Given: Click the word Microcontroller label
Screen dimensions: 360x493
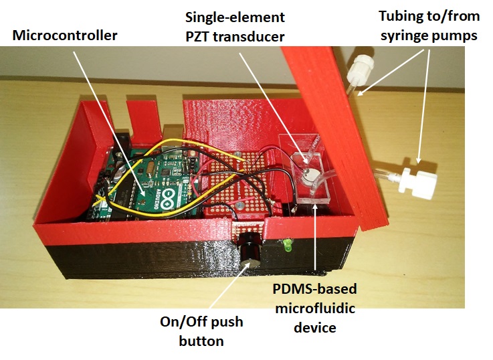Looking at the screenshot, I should (64, 35).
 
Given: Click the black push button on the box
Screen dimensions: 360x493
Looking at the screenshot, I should (250, 248).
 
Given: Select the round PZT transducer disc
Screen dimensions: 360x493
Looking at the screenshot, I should (308, 175).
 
